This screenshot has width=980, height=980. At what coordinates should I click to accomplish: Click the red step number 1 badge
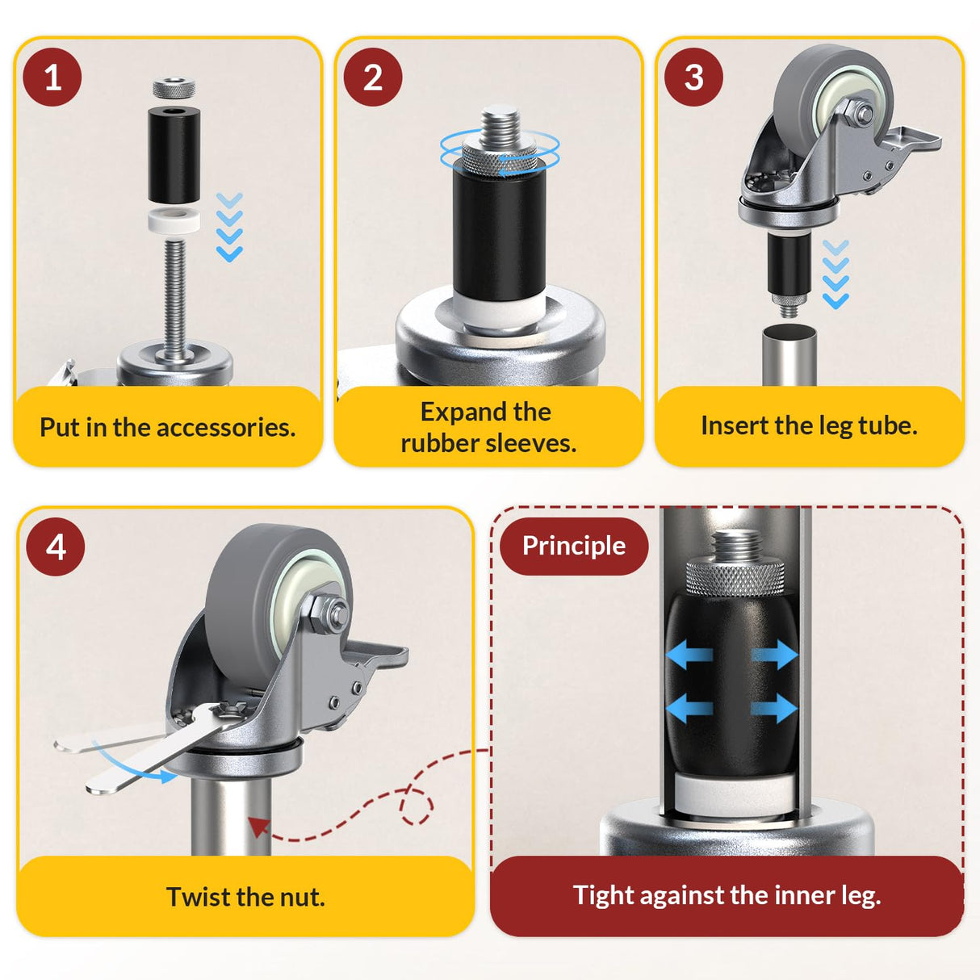pyautogui.click(x=52, y=77)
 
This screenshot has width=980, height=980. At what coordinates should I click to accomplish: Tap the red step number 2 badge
pyautogui.click(x=372, y=77)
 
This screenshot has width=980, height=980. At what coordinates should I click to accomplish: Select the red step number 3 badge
pyautogui.click(x=693, y=77)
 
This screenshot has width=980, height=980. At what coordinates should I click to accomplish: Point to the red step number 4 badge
pyautogui.click(x=56, y=547)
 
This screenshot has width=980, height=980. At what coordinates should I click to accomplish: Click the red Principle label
pyautogui.click(x=573, y=546)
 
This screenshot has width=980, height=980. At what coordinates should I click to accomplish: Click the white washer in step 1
pyautogui.click(x=174, y=221)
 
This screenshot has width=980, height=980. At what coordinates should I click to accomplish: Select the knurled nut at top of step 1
pyautogui.click(x=173, y=87)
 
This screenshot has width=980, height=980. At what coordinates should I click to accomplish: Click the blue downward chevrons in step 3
pyautogui.click(x=836, y=274)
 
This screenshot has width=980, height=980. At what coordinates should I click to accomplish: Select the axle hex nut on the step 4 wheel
pyautogui.click(x=329, y=611)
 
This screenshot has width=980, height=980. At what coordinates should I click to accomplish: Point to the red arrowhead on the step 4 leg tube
pyautogui.click(x=258, y=826)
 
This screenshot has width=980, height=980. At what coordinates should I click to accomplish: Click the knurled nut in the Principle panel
pyautogui.click(x=734, y=576)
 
